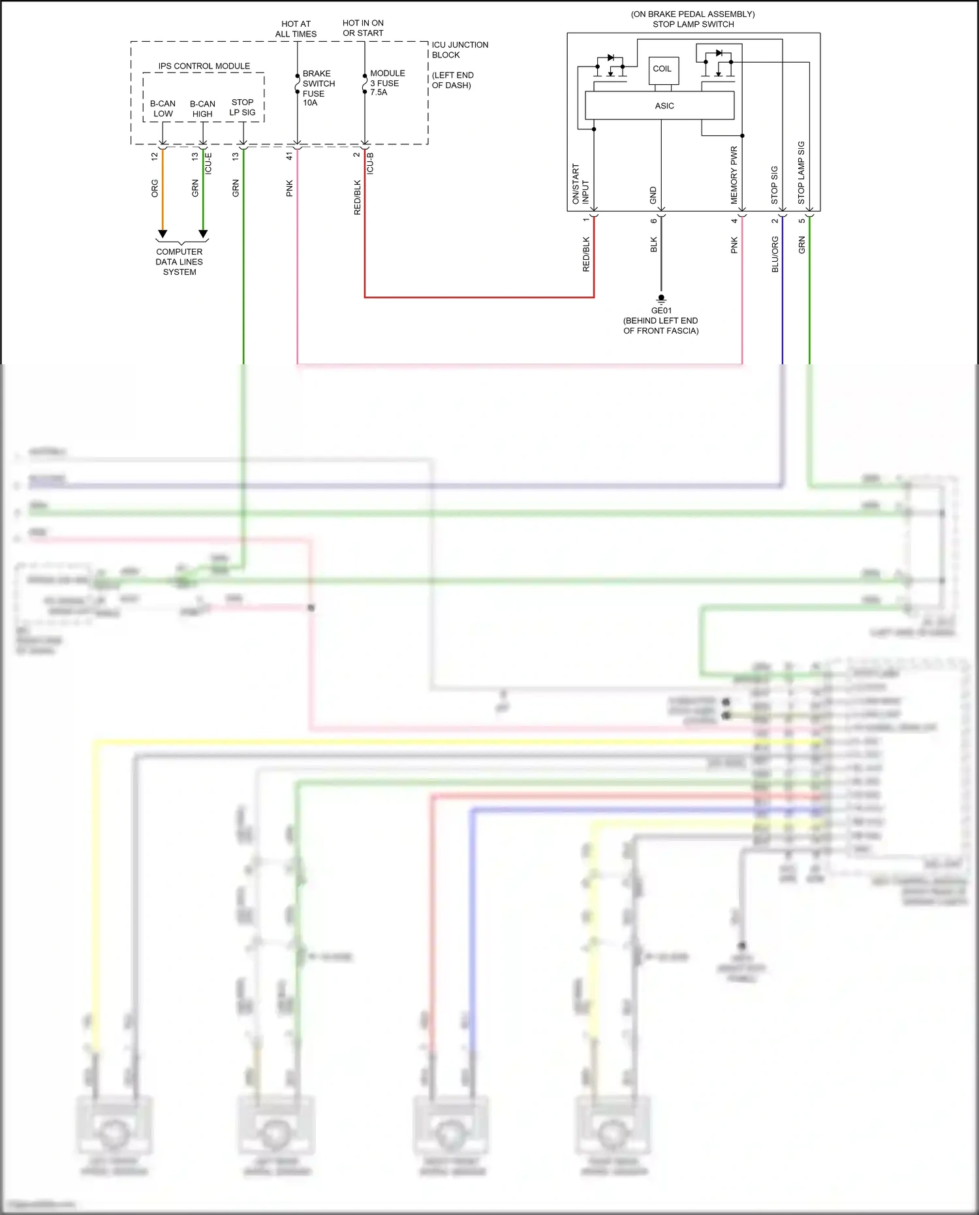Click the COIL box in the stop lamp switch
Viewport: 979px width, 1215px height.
click(663, 69)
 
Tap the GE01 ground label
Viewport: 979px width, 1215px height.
click(660, 311)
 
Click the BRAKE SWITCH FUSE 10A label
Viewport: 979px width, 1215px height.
click(318, 88)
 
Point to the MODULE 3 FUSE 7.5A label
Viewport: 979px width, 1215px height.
click(387, 83)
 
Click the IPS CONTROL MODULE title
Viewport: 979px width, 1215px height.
click(204, 66)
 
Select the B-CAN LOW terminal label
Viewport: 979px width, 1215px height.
click(163, 108)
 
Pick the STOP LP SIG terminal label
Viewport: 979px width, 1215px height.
click(242, 107)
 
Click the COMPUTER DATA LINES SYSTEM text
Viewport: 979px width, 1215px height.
click(179, 262)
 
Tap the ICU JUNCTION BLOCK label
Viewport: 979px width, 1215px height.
click(459, 50)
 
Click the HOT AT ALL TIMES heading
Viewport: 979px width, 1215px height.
click(296, 29)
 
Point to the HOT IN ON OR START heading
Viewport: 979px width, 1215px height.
click(363, 28)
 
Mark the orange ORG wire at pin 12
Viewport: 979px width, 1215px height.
click(163, 196)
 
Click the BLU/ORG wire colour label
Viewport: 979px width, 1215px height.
click(775, 254)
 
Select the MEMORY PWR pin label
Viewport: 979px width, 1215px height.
click(734, 174)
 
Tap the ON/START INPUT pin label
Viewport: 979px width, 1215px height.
click(580, 184)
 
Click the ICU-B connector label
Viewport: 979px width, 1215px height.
click(370, 163)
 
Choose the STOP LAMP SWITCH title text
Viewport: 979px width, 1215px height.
click(693, 24)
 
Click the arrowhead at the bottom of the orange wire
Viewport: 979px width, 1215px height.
click(163, 234)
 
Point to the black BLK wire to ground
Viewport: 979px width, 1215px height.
click(660, 261)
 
